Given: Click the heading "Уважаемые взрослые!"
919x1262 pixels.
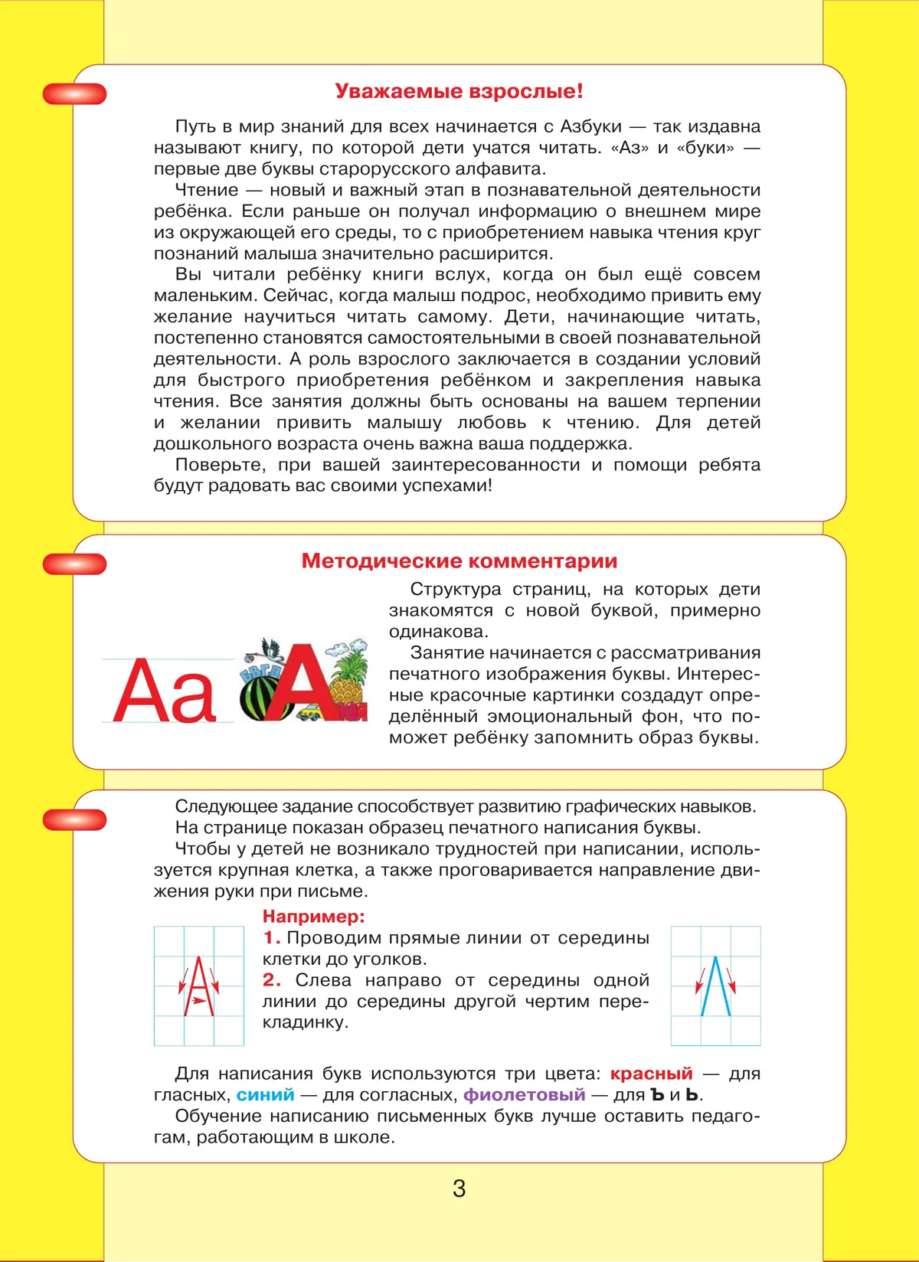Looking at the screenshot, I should tap(459, 91).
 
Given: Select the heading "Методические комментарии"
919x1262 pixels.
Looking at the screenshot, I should tap(459, 561).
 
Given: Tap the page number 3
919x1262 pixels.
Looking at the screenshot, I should tap(459, 1188).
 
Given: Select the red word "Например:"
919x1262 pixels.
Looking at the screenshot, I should tap(314, 917).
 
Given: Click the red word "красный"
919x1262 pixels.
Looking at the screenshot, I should tap(651, 1074).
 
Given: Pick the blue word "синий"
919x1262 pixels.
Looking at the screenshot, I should tap(265, 1095).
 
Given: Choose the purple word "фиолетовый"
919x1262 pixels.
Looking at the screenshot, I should tap(524, 1095).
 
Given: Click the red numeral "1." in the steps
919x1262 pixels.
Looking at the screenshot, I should tap(272, 938).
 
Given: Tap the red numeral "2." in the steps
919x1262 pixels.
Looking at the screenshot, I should tap(272, 980).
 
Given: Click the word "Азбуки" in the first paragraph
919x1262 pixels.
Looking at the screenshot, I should tap(591, 127).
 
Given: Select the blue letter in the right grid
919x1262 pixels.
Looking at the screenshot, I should tap(715, 987).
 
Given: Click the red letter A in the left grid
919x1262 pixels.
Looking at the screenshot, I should tap(198, 987).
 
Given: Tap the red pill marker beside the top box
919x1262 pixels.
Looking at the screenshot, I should tap(74, 94).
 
